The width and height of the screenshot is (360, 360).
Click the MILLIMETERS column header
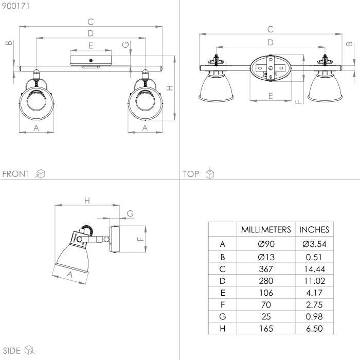[x=266, y=229]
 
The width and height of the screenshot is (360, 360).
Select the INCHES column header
[x=314, y=229]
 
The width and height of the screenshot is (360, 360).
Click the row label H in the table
[x=222, y=328]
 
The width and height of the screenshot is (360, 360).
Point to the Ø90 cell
[x=266, y=244]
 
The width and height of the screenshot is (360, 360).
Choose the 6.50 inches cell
[x=314, y=328]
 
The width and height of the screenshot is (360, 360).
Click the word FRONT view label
[x=16, y=174]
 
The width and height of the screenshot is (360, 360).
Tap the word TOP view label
[x=191, y=174]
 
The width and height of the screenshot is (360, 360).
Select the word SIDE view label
[x=11, y=351]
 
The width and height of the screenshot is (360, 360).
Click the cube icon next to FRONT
[x=40, y=174]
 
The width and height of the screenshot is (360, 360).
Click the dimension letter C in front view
[x=91, y=22]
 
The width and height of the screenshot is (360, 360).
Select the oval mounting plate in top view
[x=270, y=68]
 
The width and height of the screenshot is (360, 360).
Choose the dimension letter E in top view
[x=270, y=96]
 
